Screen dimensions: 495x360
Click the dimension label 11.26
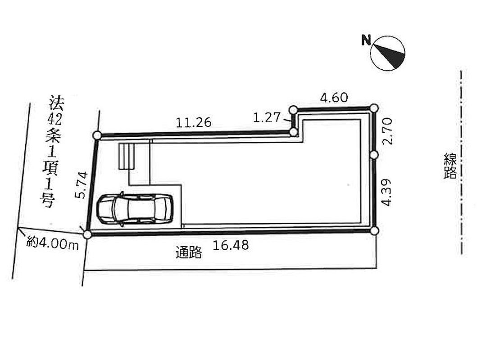coord(193,122)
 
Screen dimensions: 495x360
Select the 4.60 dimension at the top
coord(334,98)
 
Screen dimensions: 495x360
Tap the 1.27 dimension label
coord(267,117)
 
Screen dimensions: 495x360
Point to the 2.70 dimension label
coord(387,131)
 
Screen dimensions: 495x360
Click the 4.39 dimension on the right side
coord(386,193)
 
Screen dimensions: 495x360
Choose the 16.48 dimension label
coord(231,245)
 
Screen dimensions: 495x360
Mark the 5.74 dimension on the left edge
coord(81,185)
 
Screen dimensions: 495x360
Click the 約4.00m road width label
coord(52,243)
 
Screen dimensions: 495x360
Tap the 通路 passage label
coord(188,252)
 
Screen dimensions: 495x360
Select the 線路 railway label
coord(450,166)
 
